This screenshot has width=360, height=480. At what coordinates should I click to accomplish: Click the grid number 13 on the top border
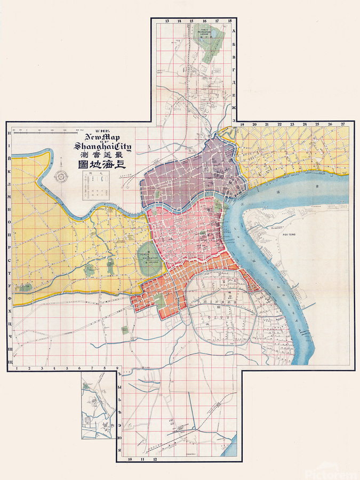[167, 21]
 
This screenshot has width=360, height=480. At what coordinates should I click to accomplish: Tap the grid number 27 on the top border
[342, 124]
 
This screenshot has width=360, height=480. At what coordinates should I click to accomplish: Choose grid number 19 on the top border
[242, 124]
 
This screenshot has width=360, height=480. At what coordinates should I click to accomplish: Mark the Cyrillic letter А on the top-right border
[234, 31]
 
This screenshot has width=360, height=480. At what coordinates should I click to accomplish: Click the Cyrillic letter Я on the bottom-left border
[119, 449]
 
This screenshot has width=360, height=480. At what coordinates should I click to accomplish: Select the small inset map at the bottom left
[99, 405]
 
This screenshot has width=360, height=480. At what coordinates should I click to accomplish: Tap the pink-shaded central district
[187, 235]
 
